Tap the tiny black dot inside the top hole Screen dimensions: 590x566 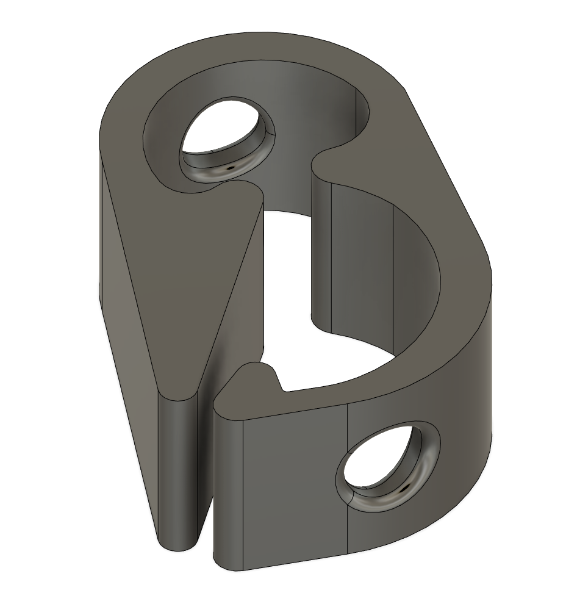pyautogui.click(x=231, y=165)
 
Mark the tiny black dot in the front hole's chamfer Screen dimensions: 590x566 pyautogui.click(x=403, y=489)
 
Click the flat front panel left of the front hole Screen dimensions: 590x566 pyautogui.click(x=293, y=476)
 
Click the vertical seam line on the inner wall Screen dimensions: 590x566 pyautogui.click(x=331, y=256)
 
